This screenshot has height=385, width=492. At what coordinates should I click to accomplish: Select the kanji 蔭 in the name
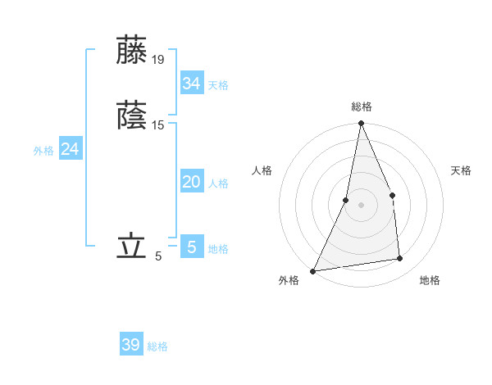pyautogui.click(x=132, y=115)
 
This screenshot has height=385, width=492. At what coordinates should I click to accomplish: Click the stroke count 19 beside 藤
pyautogui.click(x=158, y=59)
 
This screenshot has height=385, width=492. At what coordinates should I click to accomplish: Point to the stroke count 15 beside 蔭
pyautogui.click(x=158, y=125)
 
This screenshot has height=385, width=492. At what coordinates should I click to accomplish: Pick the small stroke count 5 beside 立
pyautogui.click(x=158, y=256)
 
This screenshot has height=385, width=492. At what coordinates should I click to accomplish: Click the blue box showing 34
pyautogui.click(x=191, y=84)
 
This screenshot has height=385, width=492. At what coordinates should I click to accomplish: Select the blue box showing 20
pyautogui.click(x=191, y=182)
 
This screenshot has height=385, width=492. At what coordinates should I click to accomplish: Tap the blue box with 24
pyautogui.click(x=71, y=149)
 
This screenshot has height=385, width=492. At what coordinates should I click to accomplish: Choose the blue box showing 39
pyautogui.click(x=131, y=345)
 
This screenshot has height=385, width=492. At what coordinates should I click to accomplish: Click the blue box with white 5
pyautogui.click(x=191, y=247)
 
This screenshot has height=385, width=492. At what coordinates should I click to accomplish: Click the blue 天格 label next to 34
pyautogui.click(x=218, y=85)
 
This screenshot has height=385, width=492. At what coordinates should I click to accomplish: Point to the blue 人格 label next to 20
pyautogui.click(x=218, y=183)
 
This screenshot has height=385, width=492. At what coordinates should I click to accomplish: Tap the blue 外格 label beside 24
pyautogui.click(x=43, y=151)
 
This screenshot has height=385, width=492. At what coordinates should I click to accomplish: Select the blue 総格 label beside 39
pyautogui.click(x=158, y=346)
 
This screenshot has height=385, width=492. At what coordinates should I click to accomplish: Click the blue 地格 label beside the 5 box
pyautogui.click(x=218, y=249)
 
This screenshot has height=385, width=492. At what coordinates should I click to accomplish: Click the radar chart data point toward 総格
pyautogui.click(x=361, y=124)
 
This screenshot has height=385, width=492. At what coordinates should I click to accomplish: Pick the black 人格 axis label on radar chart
pyautogui.click(x=262, y=170)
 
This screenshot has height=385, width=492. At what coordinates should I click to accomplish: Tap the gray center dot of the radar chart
pyautogui.click(x=361, y=204)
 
